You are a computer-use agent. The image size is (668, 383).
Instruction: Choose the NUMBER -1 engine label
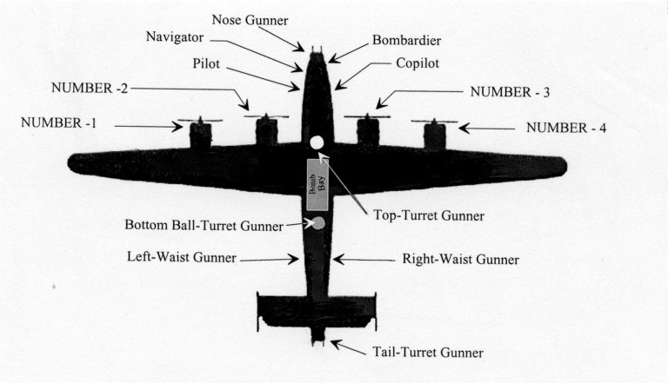(x=58, y=122)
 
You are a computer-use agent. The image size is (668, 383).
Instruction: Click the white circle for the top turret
(x=317, y=143)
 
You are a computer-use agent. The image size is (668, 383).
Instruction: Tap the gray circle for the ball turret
(x=318, y=223)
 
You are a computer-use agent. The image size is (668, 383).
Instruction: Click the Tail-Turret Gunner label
(x=426, y=352)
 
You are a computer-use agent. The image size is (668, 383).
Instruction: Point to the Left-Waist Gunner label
(x=180, y=258)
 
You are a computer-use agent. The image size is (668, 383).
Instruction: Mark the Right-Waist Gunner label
(x=460, y=259)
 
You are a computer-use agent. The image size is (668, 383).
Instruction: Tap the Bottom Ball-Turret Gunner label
(x=204, y=225)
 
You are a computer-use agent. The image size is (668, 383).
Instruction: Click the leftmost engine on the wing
(x=200, y=135)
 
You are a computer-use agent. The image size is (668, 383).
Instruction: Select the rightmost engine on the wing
(x=434, y=135)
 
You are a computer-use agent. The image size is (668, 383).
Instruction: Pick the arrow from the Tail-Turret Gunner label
(x=349, y=347)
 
